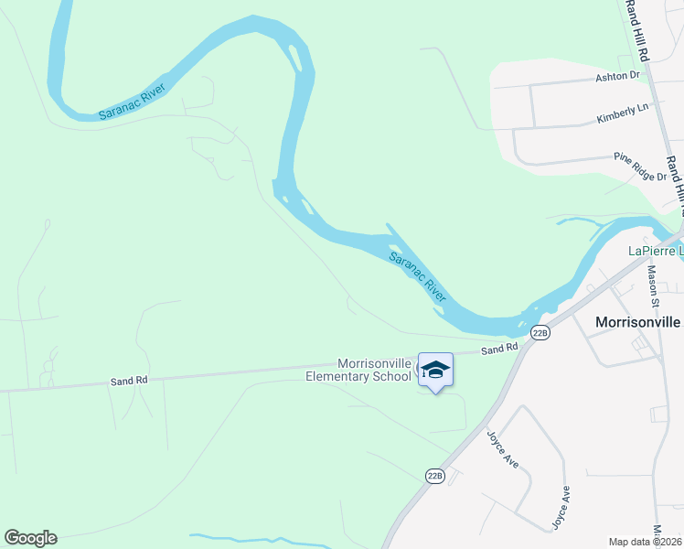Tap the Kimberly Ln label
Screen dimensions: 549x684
(x=622, y=113)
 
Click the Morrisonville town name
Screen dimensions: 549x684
(x=638, y=322)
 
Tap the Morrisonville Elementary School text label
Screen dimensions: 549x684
(x=358, y=369)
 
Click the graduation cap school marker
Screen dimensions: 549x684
(x=435, y=370)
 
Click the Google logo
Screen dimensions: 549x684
(x=30, y=538)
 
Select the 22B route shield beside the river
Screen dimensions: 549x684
(x=540, y=333)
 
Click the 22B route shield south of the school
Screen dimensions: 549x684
(x=435, y=476)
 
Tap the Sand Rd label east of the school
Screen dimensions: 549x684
(x=499, y=349)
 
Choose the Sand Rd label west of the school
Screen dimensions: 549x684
(x=129, y=380)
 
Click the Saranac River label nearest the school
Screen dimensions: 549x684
(x=417, y=277)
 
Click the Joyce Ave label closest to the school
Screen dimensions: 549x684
(x=503, y=449)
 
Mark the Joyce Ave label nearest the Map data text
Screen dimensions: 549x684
(x=561, y=508)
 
